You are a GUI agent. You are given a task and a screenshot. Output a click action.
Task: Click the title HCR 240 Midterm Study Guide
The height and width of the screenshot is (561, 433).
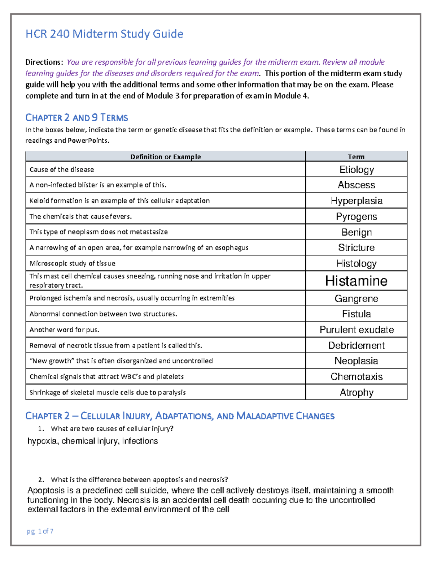[104, 34]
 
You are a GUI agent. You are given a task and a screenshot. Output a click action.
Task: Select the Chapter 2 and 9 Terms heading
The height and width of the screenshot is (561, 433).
[76, 118]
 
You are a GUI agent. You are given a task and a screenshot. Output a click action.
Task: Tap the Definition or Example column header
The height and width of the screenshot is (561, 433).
[165, 157]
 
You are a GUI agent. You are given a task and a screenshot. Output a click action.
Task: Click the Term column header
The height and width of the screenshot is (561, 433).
[356, 157]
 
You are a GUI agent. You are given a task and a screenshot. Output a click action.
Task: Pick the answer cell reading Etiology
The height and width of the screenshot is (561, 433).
[357, 170]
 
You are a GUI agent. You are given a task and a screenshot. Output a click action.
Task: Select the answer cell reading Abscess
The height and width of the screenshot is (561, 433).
[357, 185]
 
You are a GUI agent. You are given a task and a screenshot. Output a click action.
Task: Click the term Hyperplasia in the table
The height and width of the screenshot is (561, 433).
[357, 201]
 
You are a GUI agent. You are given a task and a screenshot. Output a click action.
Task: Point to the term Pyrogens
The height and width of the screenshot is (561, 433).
[357, 217]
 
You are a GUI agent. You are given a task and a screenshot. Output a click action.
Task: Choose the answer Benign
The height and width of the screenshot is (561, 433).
[357, 232]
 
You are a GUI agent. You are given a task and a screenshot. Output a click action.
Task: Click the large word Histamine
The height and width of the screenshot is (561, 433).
[357, 281]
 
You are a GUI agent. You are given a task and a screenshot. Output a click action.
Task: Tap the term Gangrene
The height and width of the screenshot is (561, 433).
[357, 299]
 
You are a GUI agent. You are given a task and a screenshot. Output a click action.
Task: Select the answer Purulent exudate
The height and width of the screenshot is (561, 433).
[357, 330]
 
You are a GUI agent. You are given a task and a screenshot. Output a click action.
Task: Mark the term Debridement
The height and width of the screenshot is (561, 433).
[357, 346]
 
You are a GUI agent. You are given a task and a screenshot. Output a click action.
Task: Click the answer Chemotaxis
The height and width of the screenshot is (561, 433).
[357, 377]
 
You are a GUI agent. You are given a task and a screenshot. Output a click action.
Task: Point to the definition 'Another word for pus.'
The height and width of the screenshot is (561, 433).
[64, 330]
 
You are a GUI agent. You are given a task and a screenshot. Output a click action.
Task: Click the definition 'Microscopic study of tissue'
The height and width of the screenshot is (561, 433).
[73, 264]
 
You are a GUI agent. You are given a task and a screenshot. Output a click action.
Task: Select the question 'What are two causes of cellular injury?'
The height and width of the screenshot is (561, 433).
[112, 429]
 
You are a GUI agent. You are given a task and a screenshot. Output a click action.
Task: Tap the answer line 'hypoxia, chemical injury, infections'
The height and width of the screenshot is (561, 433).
[93, 441]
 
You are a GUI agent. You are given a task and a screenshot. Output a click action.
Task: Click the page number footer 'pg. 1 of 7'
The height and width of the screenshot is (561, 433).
[40, 531]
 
